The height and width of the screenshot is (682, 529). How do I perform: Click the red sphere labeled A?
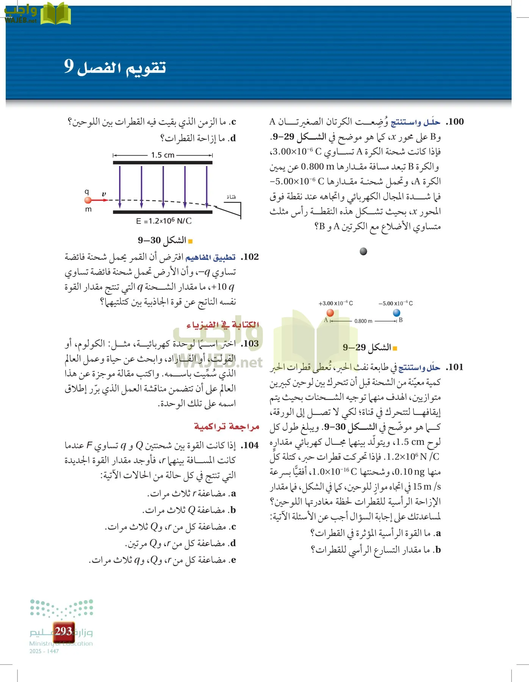(x=330, y=313)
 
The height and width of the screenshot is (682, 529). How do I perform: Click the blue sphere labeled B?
(x=396, y=313)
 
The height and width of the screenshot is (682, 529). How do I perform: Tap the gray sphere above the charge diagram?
(x=363, y=251)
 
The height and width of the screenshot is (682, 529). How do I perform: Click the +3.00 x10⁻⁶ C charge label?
(x=335, y=303)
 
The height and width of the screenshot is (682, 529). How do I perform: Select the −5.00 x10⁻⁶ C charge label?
(x=395, y=303)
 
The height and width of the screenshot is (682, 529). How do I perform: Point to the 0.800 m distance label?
(x=363, y=321)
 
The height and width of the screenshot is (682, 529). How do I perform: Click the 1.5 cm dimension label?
(x=163, y=155)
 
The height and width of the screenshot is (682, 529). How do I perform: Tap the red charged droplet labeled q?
(x=88, y=200)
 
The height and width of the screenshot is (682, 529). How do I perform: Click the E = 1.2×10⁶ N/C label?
(x=164, y=221)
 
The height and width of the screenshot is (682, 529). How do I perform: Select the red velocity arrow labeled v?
(x=100, y=200)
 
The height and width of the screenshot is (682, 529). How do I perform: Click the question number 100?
(x=455, y=122)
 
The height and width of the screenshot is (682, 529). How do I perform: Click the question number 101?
(x=455, y=367)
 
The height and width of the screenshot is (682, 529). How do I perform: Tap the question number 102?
(x=250, y=257)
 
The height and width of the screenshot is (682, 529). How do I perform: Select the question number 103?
(x=250, y=344)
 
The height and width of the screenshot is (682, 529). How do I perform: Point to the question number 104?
(x=250, y=445)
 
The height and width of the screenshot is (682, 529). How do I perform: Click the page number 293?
(x=63, y=631)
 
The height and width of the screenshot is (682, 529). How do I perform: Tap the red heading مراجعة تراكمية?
(x=227, y=427)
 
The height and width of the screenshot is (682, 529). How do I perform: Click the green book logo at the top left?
(x=56, y=14)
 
